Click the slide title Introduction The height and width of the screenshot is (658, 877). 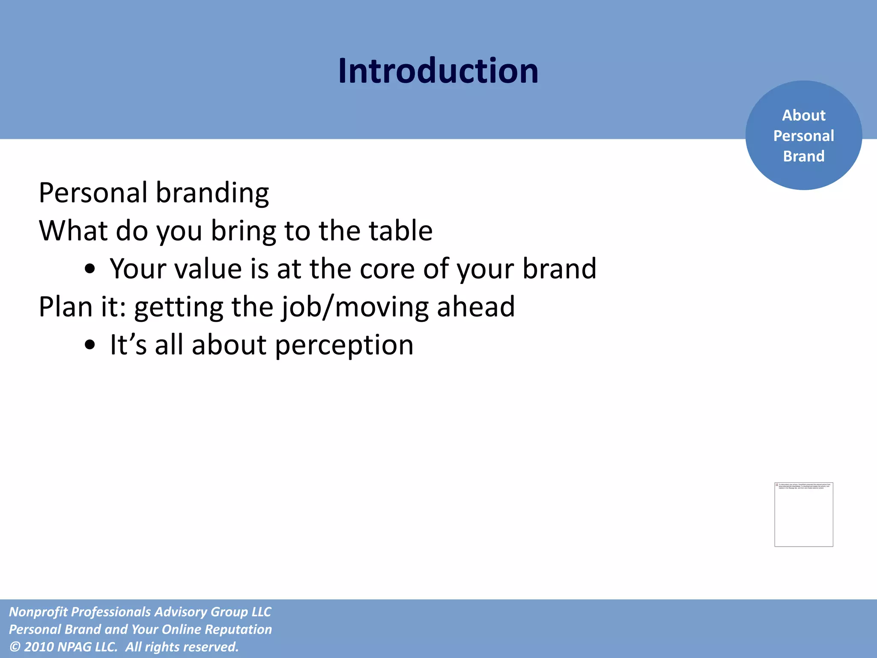click(438, 71)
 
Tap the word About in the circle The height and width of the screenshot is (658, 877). click(803, 115)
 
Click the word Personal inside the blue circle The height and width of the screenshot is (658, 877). click(803, 136)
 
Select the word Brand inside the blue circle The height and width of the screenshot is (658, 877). click(803, 156)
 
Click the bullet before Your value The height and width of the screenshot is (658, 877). click(89, 269)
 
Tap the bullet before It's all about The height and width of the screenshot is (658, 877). click(89, 345)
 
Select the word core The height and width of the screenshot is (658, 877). click(387, 269)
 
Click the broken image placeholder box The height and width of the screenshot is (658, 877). click(803, 514)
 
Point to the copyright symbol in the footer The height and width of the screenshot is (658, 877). click(15, 647)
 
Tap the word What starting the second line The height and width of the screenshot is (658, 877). click(73, 230)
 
